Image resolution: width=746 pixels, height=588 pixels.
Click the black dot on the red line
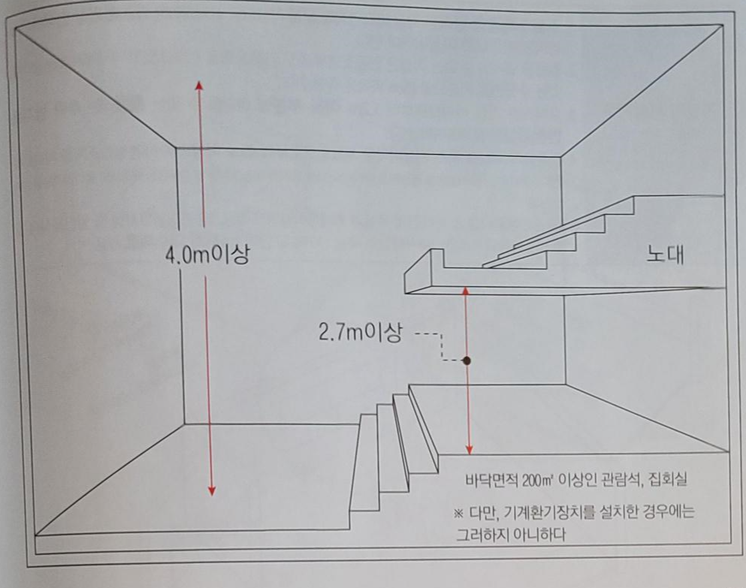(467, 360)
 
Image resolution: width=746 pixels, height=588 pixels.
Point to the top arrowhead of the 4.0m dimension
(199, 85)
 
